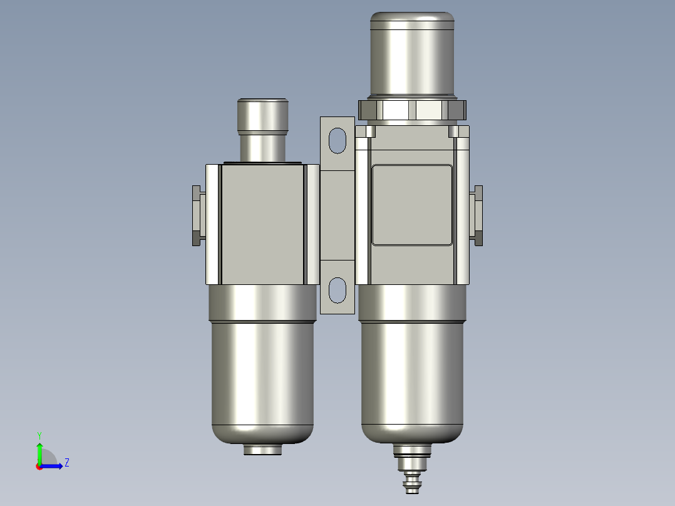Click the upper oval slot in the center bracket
(x=337, y=140)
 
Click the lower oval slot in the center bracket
(x=337, y=290)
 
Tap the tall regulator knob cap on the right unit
(x=412, y=53)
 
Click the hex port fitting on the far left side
(x=198, y=216)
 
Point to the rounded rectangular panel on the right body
(x=412, y=205)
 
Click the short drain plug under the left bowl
(x=262, y=450)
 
